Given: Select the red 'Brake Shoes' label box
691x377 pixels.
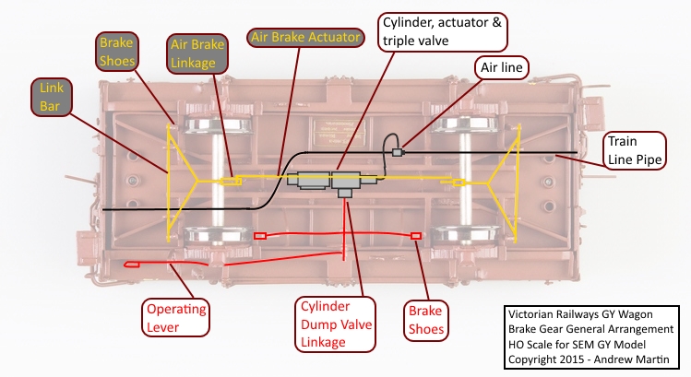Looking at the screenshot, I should pyautogui.click(x=426, y=318).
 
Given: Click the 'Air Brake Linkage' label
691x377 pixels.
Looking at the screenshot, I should pyautogui.click(x=195, y=54).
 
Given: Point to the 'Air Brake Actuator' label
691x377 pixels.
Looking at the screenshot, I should pyautogui.click(x=306, y=38).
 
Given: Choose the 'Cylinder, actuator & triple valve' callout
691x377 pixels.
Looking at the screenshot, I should pyautogui.click(x=444, y=32).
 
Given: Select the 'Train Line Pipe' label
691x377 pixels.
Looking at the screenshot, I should pyautogui.click(x=633, y=152).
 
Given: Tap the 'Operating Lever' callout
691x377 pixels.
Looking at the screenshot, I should pyautogui.click(x=175, y=316).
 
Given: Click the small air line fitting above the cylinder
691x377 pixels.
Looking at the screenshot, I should pyautogui.click(x=399, y=151).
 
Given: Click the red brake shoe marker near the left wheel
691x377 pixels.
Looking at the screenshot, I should pyautogui.click(x=260, y=236).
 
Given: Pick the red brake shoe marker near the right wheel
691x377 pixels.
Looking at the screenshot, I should pyautogui.click(x=416, y=237).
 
